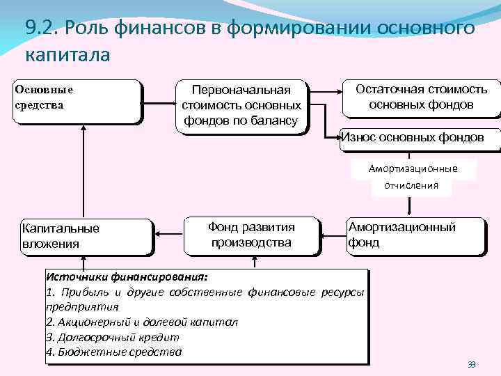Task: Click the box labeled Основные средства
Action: [x=77, y=102]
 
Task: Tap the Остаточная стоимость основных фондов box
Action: [x=421, y=97]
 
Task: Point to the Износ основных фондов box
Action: [x=412, y=137]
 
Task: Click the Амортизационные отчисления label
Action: [x=413, y=177]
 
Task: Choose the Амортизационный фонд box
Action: [x=415, y=235]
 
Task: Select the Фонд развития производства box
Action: [x=251, y=235]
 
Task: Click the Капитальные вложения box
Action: [x=86, y=236]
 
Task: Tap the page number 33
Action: [x=472, y=364]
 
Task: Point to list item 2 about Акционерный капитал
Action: [x=141, y=322]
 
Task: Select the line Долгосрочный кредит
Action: [x=112, y=337]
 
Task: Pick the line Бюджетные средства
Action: [x=113, y=352]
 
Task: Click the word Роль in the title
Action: [x=85, y=28]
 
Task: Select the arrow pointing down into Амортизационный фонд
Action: [x=409, y=206]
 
